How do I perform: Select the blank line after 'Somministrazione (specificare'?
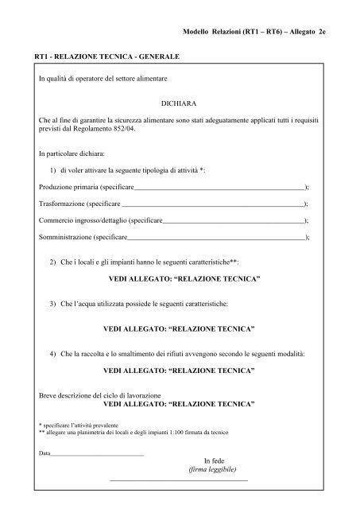click(x=215, y=238)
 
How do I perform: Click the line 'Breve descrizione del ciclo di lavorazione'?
click(x=99, y=395)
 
